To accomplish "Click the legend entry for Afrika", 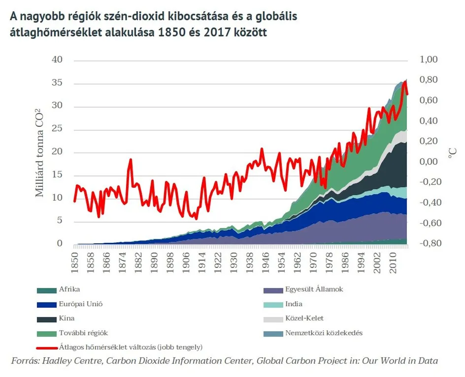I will (69, 290).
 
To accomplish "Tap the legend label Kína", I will (67, 319).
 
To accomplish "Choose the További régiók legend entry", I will (83, 333).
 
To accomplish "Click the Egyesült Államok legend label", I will (314, 290).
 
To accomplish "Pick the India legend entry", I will (294, 304).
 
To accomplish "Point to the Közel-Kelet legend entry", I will (304, 319).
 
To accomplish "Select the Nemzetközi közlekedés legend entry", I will (324, 333).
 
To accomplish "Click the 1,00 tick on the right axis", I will (429, 60).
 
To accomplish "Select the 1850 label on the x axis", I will (74, 261).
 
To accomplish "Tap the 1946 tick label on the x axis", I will (266, 261).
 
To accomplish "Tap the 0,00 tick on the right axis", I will (429, 162).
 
